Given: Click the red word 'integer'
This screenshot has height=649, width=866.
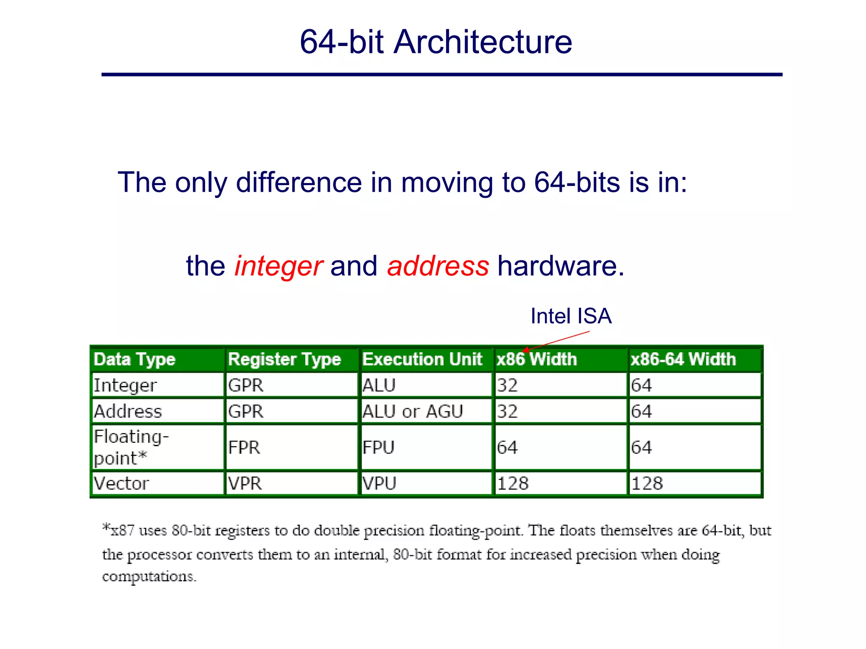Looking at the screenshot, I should click(279, 266).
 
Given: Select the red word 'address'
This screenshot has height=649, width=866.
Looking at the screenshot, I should click(438, 266).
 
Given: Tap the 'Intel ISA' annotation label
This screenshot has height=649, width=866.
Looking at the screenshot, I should click(571, 316).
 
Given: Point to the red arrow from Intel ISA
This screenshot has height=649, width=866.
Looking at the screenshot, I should click(556, 341).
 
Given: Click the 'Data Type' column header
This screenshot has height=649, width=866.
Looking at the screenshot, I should click(134, 360).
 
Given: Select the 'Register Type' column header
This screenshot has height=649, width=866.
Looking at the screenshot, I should click(284, 360).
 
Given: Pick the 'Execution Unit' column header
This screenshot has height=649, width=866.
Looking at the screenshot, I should click(422, 360).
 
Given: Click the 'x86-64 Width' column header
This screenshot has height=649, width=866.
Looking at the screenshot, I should click(683, 360).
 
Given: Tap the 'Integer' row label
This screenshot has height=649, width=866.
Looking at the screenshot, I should click(125, 385).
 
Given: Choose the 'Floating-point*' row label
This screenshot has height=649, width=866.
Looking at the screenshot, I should click(131, 447).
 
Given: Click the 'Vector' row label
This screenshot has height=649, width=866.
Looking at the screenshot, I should click(121, 483).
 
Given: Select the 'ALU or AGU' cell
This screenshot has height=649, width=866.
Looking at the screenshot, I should click(413, 412).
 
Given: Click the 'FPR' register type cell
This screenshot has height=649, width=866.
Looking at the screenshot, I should click(244, 447).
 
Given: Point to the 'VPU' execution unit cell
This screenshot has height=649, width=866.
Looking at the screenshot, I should click(379, 483).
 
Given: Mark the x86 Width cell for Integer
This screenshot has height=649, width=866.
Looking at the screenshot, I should click(507, 385).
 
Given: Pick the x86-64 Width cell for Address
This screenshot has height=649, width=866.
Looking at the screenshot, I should click(641, 412).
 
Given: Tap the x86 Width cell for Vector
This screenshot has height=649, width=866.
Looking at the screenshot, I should click(512, 483).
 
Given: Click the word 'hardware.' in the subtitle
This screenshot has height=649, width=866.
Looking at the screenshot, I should click(561, 266).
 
